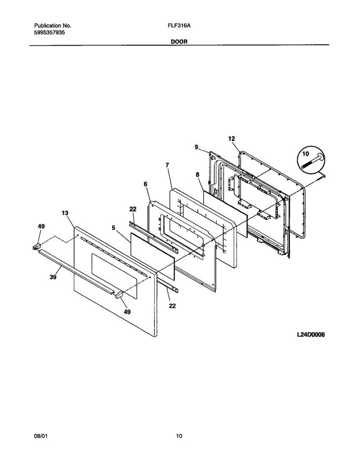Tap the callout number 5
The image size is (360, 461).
coord(114,227)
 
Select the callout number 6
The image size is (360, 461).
coord(145,184)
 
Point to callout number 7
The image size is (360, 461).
coord(167,165)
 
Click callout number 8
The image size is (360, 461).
coord(197,174)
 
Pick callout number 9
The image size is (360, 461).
coord(196,147)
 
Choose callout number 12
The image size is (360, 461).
coord(231,138)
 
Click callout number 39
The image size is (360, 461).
coord(53,277)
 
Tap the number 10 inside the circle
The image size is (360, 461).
coord(306,154)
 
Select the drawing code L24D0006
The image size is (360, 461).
coord(310,335)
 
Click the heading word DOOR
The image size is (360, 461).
coord(179,41)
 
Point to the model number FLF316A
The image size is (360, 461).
coord(179,26)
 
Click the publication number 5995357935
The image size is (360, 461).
coord(50,33)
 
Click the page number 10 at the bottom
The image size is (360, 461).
coord(179,436)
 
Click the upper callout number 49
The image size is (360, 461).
coord(41,227)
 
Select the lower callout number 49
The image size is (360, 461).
coord(127,312)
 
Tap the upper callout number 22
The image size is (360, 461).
coord(133,209)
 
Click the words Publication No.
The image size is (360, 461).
coord(53,26)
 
